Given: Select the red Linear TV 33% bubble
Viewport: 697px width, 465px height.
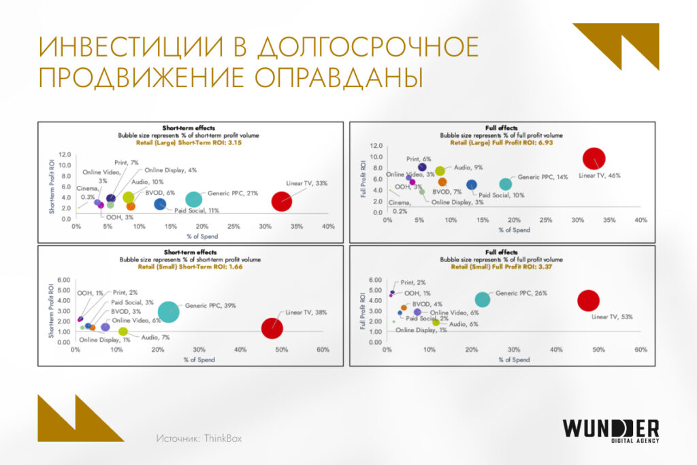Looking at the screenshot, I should tap(282, 202).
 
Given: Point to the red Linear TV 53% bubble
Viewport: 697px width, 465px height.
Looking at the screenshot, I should tap(587, 300).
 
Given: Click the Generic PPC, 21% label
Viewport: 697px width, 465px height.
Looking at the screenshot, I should tap(233, 193).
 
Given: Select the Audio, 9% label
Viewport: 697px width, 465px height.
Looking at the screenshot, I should tap(468, 167).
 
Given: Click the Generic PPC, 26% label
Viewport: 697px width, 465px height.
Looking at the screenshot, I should tap(521, 293).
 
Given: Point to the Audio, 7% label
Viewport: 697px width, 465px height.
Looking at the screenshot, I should tap(155, 338).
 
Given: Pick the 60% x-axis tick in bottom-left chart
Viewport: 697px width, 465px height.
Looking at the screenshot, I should tap(323, 350).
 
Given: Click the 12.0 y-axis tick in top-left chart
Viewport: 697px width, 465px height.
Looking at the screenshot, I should tap(65, 155).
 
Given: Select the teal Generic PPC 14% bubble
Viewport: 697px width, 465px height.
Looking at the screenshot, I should tap(505, 184).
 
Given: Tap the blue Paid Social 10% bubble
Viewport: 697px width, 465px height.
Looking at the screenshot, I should tap(471, 185).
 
